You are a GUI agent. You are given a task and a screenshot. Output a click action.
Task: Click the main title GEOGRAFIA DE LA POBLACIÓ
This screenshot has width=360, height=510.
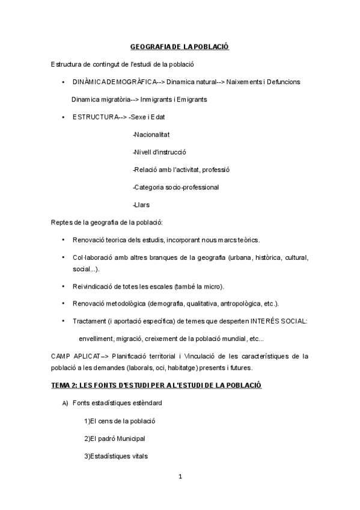click(x=180, y=46)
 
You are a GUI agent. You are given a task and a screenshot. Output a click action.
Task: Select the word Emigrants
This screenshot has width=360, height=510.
click(x=189, y=99)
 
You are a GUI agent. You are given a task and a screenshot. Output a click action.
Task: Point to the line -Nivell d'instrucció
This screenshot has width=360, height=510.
click(x=159, y=152)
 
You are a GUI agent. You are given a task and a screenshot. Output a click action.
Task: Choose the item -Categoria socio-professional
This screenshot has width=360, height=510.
click(x=175, y=187)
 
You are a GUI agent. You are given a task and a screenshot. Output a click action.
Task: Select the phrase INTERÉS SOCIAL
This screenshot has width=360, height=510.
click(x=277, y=321)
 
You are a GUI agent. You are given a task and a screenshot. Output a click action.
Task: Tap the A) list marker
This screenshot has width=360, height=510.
click(x=66, y=402)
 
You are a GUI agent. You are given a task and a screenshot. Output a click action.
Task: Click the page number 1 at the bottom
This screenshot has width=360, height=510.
click(x=180, y=478)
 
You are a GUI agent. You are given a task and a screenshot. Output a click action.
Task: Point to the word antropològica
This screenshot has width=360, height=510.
click(x=241, y=303)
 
